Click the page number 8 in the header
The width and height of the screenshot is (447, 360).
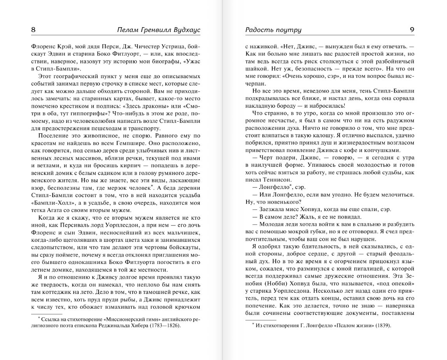[33, 30]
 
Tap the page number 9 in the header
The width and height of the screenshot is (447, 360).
[412, 30]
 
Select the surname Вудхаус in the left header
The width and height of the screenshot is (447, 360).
[187, 30]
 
